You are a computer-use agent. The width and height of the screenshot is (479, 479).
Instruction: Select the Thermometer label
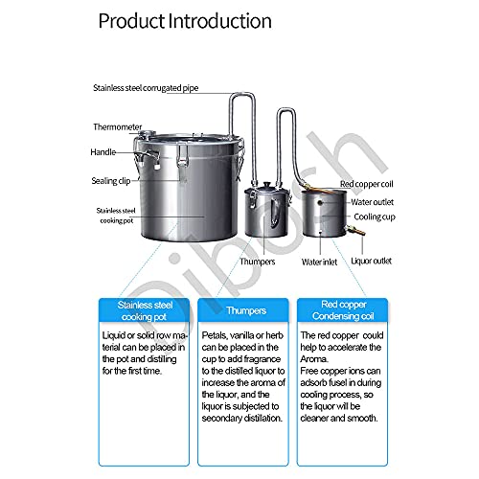118,126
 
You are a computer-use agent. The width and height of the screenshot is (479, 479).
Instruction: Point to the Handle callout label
103,151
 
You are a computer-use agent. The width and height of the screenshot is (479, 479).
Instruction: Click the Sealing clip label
111,179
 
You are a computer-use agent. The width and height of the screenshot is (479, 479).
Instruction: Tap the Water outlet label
375,201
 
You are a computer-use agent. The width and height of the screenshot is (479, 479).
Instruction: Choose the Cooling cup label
375,218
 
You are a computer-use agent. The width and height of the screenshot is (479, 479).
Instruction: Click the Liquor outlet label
371,260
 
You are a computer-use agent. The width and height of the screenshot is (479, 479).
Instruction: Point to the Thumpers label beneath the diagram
257,260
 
